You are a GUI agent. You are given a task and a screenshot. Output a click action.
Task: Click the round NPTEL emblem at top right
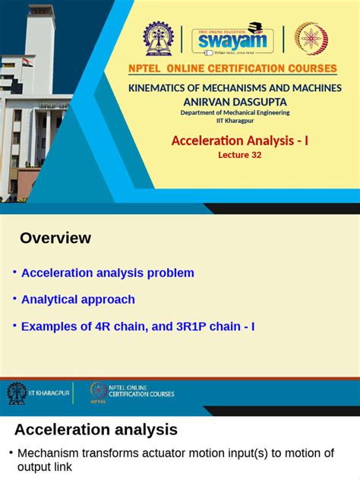pyautogui.click(x=311, y=39)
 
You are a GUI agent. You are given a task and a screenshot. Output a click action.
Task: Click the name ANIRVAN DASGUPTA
pyautogui.click(x=235, y=101)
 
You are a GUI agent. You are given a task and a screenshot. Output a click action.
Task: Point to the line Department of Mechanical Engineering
pyautogui.click(x=235, y=112)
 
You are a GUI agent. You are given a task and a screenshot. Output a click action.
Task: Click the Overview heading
pyautogui.click(x=55, y=238)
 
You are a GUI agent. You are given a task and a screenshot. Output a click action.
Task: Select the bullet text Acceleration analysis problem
pyautogui.click(x=108, y=273)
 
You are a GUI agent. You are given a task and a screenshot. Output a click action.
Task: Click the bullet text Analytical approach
pyautogui.click(x=78, y=299)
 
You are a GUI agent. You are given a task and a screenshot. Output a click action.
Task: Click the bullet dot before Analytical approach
pyautogui.click(x=14, y=298)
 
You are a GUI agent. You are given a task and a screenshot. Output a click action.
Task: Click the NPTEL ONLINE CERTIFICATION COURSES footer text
pyautogui.click(x=141, y=391)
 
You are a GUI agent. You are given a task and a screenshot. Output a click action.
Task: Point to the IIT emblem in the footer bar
pyautogui.click(x=17, y=392)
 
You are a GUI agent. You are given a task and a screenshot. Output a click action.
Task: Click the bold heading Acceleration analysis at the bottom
pyautogui.click(x=96, y=430)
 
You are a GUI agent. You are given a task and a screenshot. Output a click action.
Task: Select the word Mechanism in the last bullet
pyautogui.click(x=49, y=453)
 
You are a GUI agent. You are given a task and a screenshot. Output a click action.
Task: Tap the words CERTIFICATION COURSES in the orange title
pyautogui.click(x=270, y=69)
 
